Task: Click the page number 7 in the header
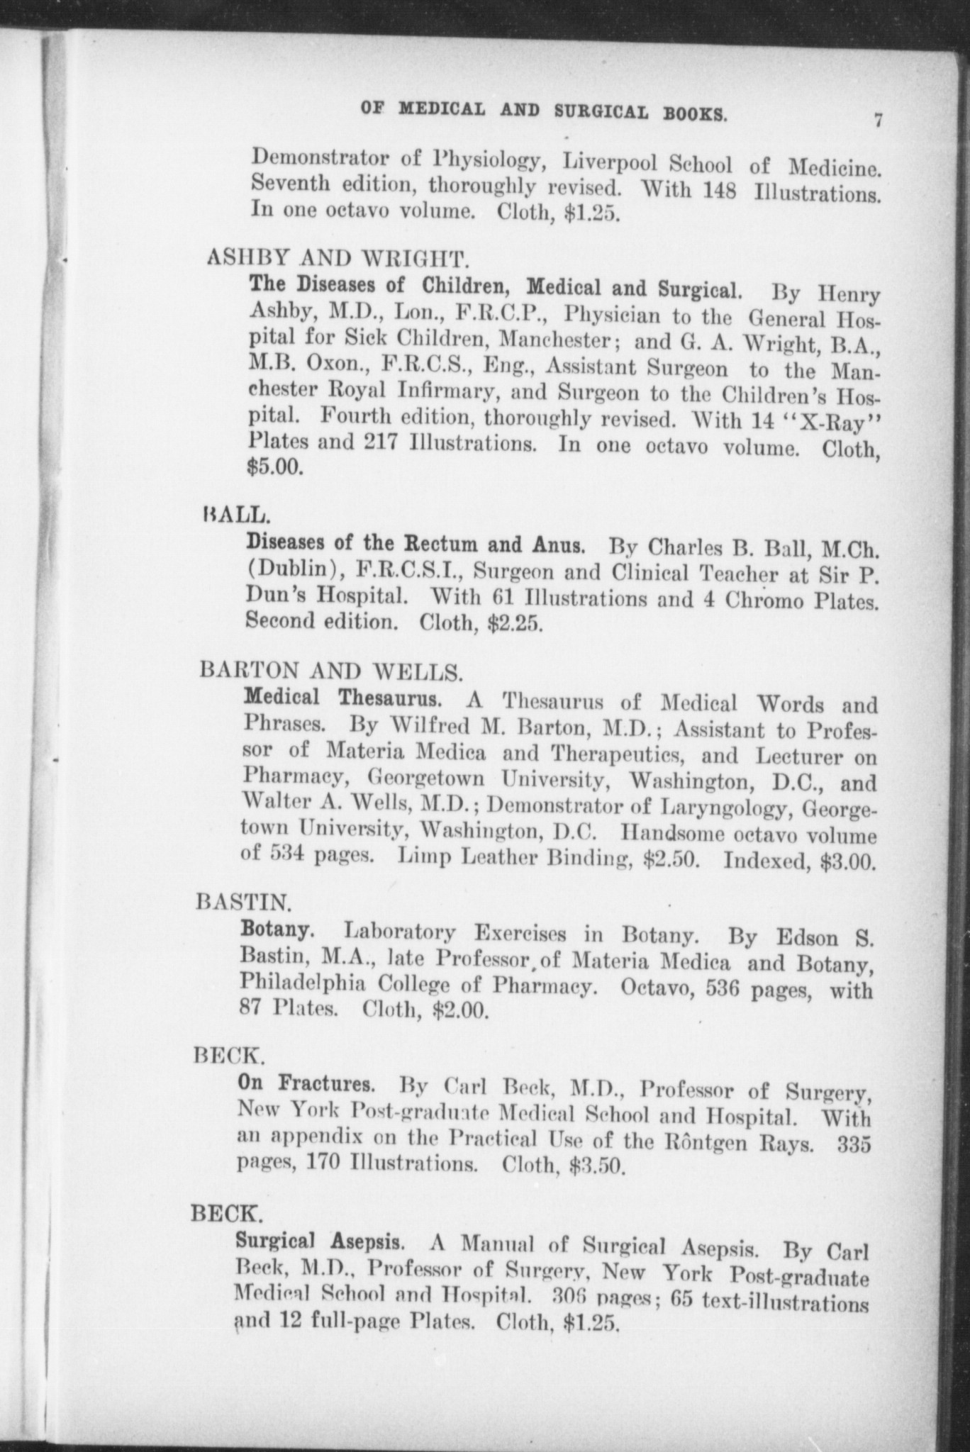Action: (877, 121)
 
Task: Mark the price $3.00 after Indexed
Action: (847, 862)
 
